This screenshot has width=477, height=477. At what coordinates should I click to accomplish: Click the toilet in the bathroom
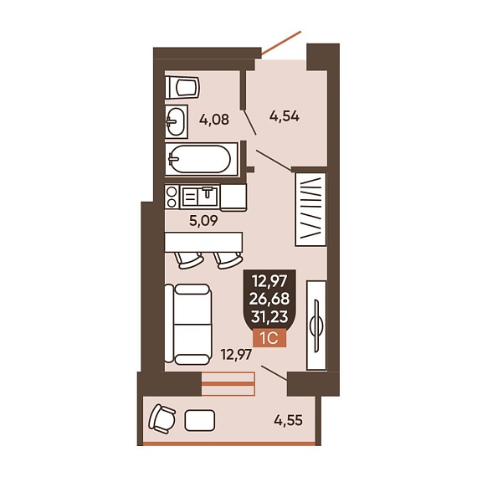(x=182, y=87)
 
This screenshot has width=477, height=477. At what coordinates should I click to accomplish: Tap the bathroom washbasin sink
(x=176, y=121)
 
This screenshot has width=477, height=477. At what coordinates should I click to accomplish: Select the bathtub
(x=202, y=159)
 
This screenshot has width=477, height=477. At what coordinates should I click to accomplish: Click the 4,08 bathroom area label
(x=214, y=120)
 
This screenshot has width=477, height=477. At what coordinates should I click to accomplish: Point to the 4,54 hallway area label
(x=285, y=116)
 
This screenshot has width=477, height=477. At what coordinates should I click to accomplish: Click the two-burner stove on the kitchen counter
(x=172, y=197)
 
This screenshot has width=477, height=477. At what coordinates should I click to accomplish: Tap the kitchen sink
(x=200, y=196)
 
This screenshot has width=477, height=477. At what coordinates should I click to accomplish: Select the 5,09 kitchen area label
(x=203, y=221)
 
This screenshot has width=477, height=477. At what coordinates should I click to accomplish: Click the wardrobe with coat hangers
(x=310, y=209)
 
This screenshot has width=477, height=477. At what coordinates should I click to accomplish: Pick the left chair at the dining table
(x=188, y=260)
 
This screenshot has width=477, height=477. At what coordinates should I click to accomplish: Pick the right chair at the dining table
(x=228, y=261)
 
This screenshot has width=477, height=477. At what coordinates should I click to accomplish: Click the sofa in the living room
(x=188, y=325)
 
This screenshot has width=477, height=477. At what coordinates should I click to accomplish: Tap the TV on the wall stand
(x=316, y=326)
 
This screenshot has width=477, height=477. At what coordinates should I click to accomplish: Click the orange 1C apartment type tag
(x=269, y=338)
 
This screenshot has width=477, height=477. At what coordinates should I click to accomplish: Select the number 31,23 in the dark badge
(x=269, y=317)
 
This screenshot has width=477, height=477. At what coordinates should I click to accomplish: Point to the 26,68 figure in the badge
(x=269, y=299)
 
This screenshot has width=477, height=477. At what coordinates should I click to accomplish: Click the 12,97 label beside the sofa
(x=236, y=355)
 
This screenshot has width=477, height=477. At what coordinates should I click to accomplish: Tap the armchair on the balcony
(x=162, y=418)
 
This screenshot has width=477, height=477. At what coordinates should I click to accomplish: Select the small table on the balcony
(x=200, y=420)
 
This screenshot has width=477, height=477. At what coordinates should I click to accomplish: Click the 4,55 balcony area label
(x=288, y=421)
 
